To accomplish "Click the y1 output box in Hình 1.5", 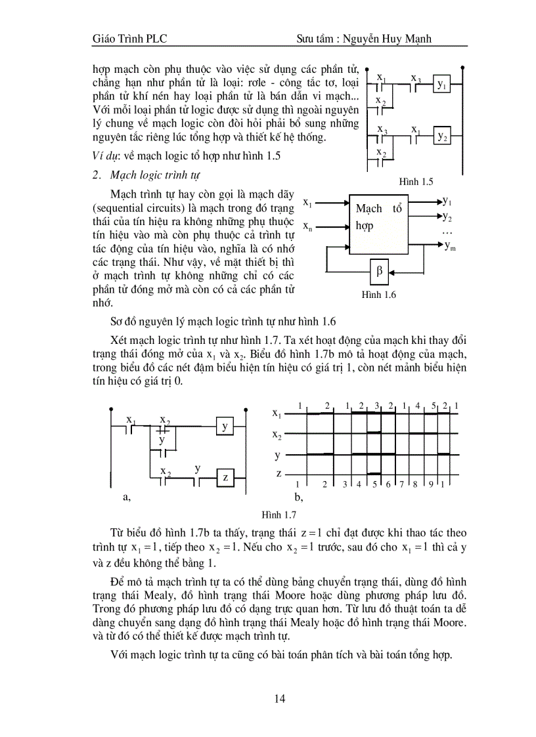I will (x=442, y=86).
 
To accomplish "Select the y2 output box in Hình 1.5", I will (x=442, y=137).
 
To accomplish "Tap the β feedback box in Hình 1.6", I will (x=379, y=269).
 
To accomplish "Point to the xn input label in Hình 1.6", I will (x=307, y=226).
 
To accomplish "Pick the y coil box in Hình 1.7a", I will (x=225, y=427).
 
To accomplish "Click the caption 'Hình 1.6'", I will (x=379, y=295).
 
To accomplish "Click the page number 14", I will (x=280, y=699).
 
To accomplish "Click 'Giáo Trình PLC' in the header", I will (x=130, y=39).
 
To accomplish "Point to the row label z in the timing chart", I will (x=279, y=473).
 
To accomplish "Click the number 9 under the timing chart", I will (x=430, y=484).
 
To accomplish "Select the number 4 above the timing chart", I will (x=418, y=406).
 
